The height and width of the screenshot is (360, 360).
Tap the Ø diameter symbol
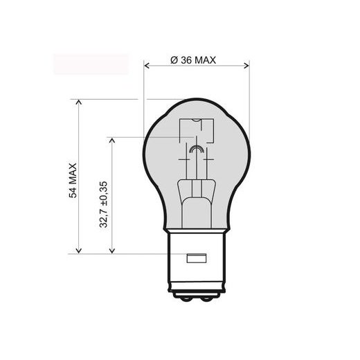173,60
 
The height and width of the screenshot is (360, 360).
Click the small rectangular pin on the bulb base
197,260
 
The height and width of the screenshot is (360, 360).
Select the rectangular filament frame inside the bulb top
196,131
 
